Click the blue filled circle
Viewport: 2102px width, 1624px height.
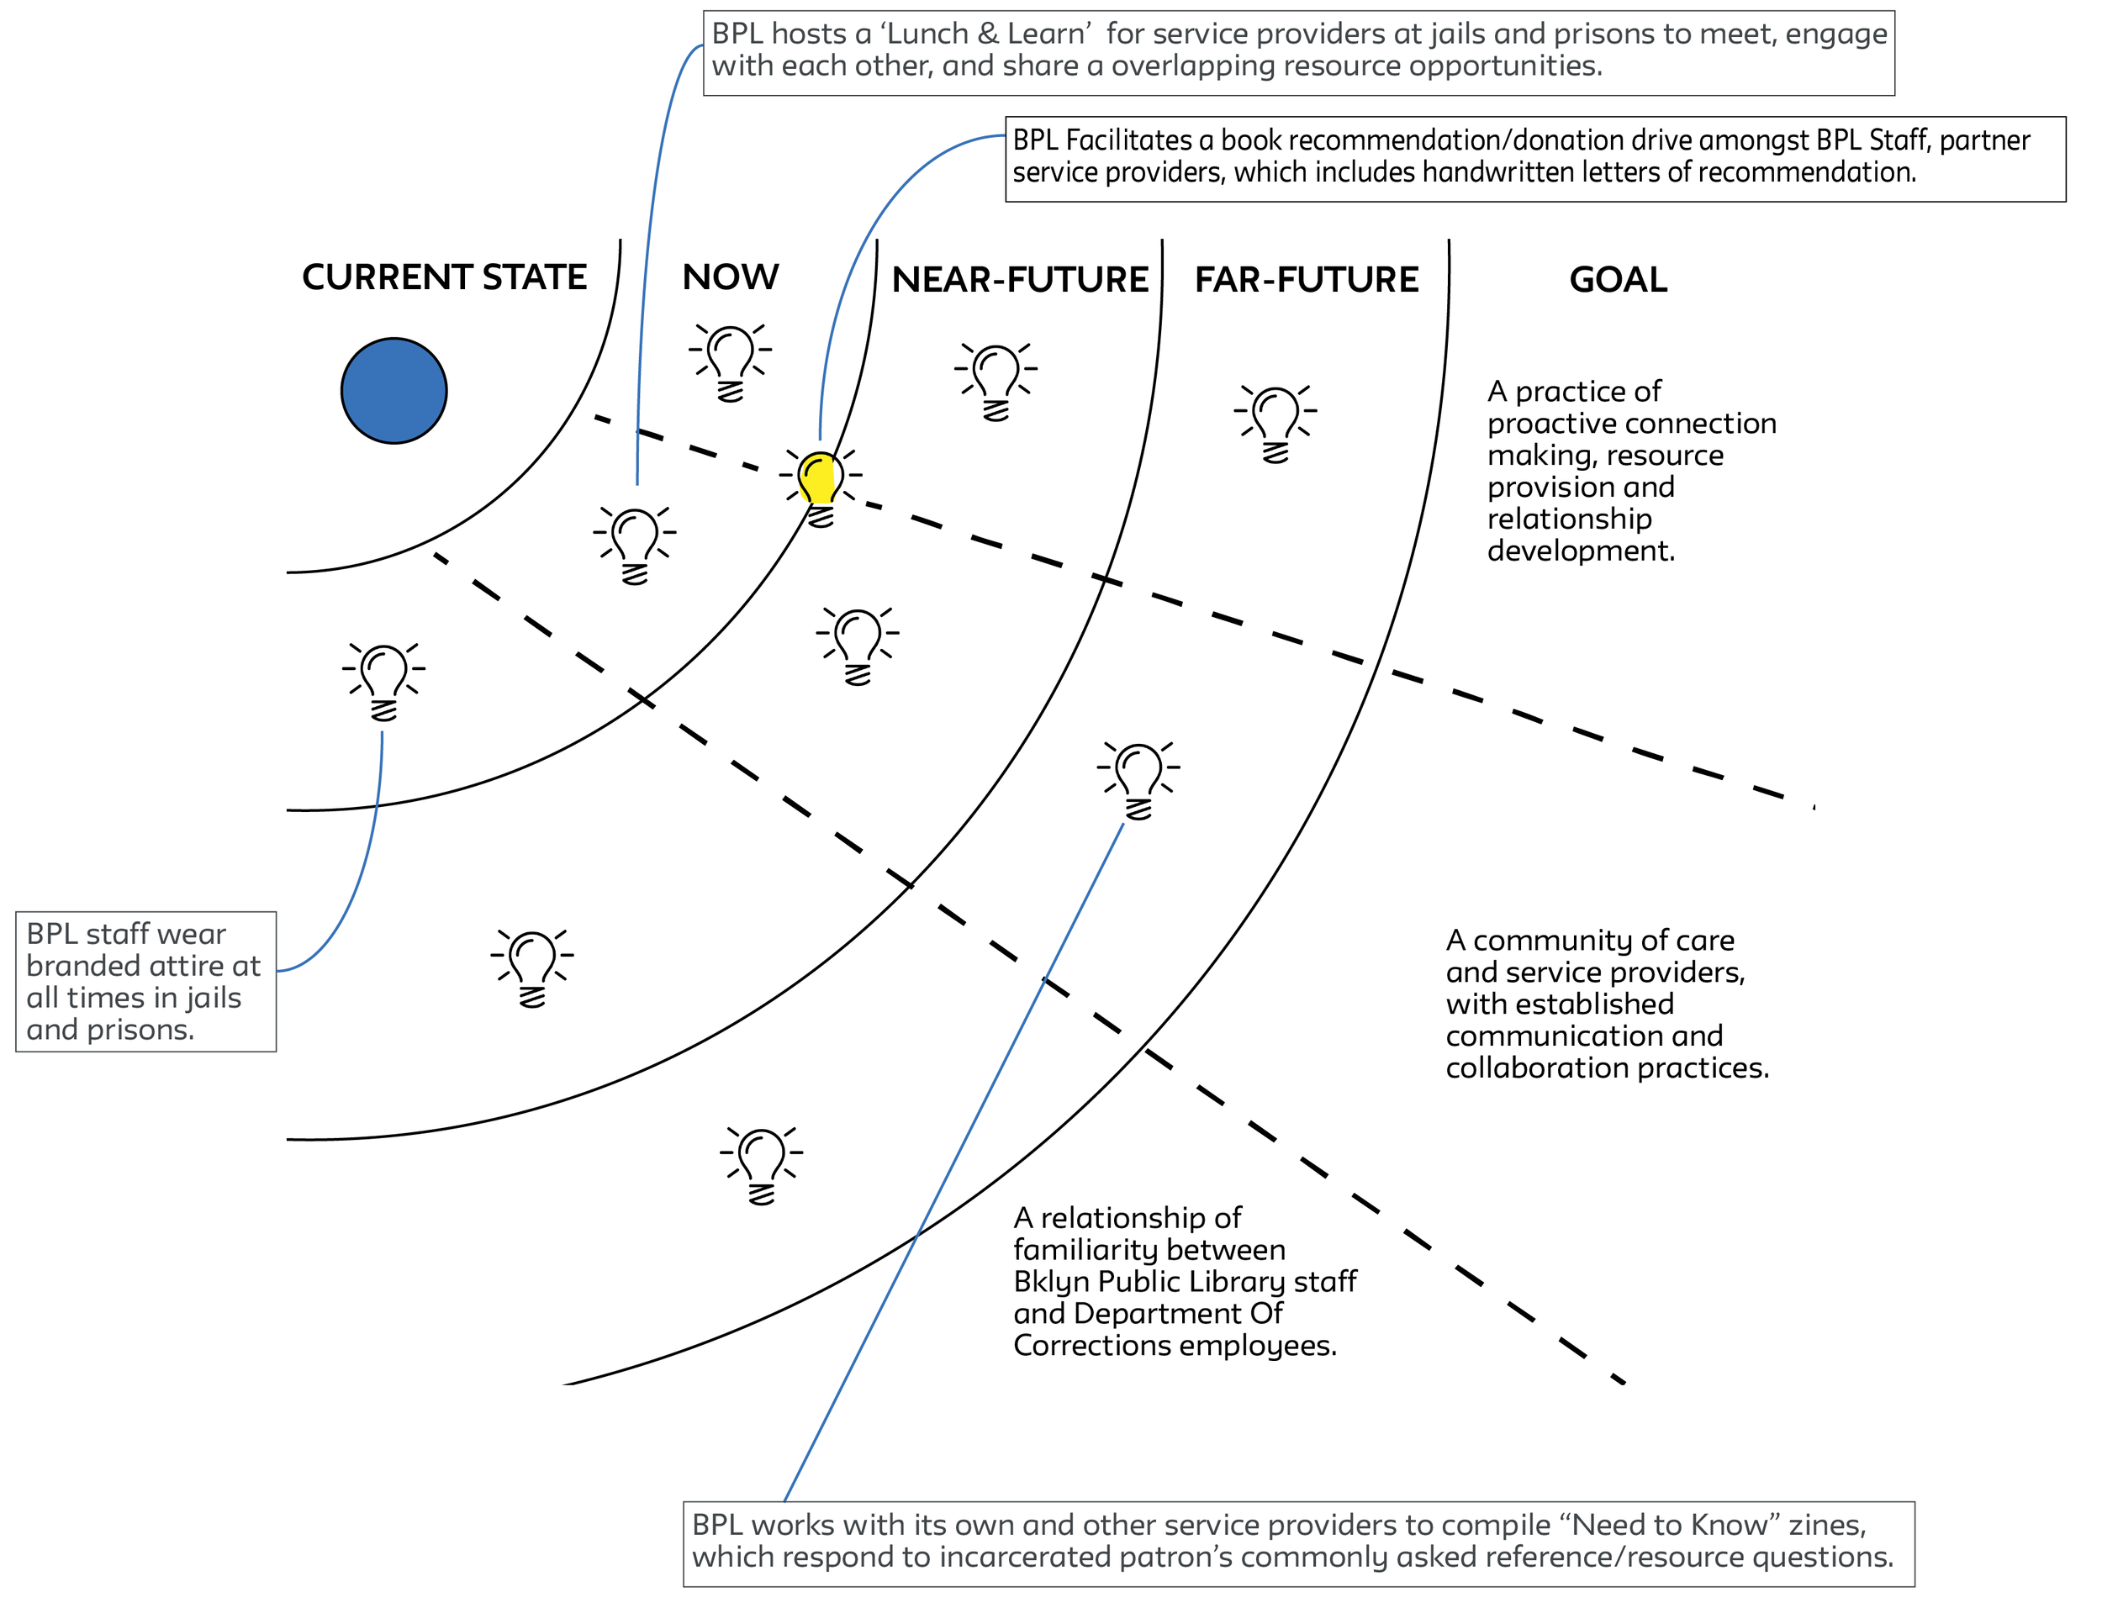click(x=393, y=391)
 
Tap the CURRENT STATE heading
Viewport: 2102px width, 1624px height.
click(x=444, y=277)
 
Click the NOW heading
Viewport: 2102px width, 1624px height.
click(x=731, y=277)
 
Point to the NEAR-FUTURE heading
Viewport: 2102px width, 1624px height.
click(x=1019, y=280)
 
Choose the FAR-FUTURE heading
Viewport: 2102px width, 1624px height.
click(x=1306, y=280)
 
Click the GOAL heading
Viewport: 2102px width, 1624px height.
click(x=1618, y=280)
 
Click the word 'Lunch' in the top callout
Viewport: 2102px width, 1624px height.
click(x=927, y=34)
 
